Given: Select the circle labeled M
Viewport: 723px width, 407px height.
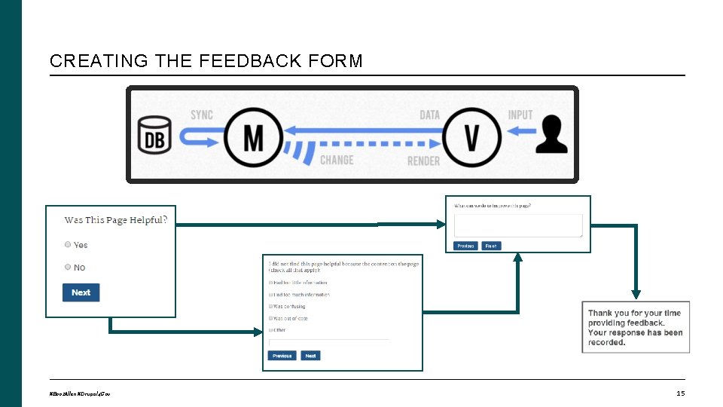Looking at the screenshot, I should pos(254,138).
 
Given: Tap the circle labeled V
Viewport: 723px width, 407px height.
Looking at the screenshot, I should pos(472,137).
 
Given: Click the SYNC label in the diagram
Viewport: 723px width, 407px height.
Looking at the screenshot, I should pos(202,115).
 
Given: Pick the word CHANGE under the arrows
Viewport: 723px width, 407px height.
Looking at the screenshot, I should pos(337,160).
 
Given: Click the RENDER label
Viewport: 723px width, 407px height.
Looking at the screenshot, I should pos(423,161).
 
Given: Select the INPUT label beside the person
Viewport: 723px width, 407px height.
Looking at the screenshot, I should pos(520,115).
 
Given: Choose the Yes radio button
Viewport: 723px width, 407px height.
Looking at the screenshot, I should pos(69,245).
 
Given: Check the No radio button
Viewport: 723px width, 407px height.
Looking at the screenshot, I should pos(69,267).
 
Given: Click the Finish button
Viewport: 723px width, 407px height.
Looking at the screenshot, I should pos(490,246).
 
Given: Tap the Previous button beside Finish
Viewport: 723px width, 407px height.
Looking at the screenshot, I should pos(465,246).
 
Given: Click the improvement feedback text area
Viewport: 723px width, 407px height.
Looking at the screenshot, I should pos(518,225).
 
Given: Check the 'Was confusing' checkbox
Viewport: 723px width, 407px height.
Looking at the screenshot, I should pos(271,307).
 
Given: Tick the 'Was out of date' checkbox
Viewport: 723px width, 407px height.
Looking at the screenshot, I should pos(271,319).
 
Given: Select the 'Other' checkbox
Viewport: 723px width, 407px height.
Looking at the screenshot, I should pos(271,330).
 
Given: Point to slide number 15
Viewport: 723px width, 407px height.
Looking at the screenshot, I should pos(680,393).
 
